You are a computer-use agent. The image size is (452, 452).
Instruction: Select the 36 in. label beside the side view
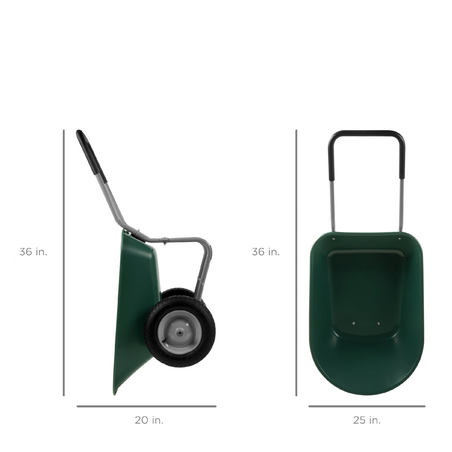33,252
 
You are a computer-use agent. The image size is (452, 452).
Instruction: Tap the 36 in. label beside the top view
266,252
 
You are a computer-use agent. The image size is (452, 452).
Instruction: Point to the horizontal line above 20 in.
146,406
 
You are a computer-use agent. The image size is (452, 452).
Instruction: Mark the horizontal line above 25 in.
367,406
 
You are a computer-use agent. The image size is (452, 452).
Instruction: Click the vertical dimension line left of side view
64,262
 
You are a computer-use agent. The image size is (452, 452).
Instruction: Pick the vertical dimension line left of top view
296,262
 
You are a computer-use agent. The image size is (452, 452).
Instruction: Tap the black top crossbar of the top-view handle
366,133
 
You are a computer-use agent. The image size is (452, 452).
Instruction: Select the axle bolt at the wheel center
180,331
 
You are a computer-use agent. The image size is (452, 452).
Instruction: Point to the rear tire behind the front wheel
178,292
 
